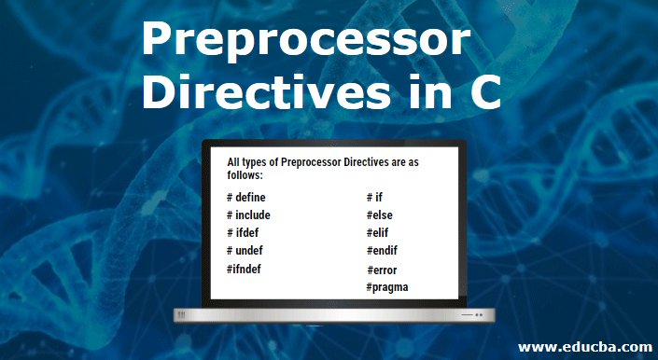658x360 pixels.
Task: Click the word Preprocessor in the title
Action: coord(305,43)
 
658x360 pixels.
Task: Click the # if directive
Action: coord(376,198)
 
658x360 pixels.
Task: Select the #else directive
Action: coord(380,215)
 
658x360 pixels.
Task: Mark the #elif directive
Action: coord(379,232)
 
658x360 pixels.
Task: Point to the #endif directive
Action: coord(384,250)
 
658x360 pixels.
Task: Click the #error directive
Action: coord(383,270)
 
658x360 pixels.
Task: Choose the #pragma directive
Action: coord(387,286)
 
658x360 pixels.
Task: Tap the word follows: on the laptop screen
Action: coord(245,174)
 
